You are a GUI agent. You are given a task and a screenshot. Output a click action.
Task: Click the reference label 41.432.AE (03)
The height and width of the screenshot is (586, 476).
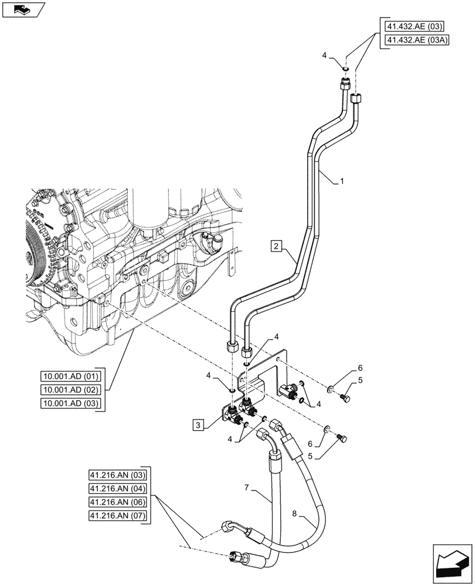(x=414, y=26)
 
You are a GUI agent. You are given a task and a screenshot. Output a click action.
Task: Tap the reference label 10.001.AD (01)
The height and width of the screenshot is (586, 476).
(x=71, y=376)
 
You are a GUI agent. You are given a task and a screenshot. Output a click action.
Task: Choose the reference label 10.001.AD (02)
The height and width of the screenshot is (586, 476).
(x=71, y=390)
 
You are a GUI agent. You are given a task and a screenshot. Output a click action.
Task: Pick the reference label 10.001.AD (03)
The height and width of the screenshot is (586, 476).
(x=71, y=403)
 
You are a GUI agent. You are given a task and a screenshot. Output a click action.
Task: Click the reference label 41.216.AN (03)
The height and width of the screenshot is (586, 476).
(x=120, y=475)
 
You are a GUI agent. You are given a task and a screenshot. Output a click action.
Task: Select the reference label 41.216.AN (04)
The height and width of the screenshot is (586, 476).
(x=120, y=489)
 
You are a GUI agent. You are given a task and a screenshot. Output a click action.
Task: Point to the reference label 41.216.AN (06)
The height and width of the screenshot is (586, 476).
(x=120, y=502)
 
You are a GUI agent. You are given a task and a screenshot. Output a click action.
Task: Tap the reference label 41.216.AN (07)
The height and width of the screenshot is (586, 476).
(x=120, y=516)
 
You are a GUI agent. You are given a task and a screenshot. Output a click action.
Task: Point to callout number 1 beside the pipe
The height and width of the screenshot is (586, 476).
(x=342, y=182)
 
